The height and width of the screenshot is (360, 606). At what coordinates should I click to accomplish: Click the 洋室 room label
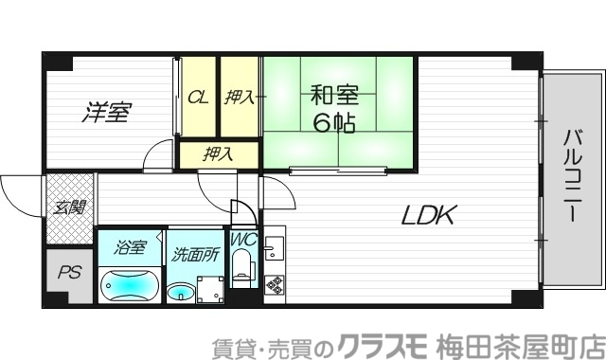(105, 112)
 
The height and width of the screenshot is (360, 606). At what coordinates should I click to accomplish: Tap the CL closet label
(198, 96)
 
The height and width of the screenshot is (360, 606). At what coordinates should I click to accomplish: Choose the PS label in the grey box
(69, 274)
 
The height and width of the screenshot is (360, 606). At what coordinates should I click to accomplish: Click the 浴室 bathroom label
(129, 248)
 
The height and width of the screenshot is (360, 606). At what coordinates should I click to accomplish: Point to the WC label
(243, 241)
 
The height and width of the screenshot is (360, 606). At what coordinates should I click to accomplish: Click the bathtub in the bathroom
(131, 284)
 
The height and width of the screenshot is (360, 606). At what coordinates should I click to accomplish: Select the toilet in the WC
(243, 274)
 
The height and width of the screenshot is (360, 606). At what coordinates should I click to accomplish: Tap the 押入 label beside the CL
(240, 96)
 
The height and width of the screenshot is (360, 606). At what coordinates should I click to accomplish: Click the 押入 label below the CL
(217, 153)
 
